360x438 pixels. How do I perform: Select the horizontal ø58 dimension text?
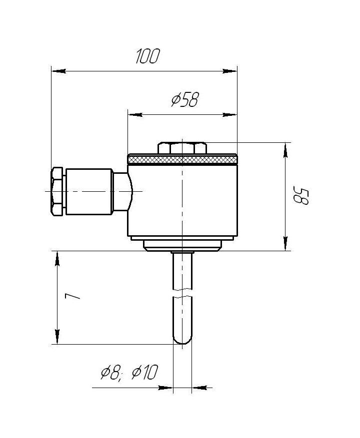(x=185, y=100)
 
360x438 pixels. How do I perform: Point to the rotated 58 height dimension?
(x=301, y=195)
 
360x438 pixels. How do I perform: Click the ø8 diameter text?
(x=111, y=373)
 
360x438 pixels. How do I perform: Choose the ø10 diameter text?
(x=145, y=373)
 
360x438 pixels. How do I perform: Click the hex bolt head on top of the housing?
(x=182, y=148)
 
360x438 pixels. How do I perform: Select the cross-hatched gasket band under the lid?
(x=182, y=160)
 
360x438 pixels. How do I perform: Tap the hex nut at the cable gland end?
(x=57, y=191)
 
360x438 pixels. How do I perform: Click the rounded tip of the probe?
(x=182, y=340)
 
